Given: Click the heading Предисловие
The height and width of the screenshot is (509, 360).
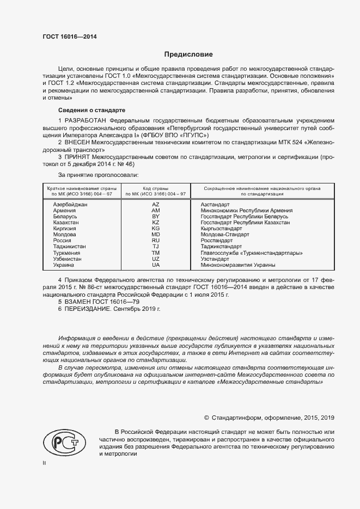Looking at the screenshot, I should (188, 54).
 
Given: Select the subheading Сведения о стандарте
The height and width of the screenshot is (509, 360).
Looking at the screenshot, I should (83, 110).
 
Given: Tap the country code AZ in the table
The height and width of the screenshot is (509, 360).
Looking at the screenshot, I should (156, 204).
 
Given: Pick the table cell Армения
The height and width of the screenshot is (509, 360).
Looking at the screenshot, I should (64, 210).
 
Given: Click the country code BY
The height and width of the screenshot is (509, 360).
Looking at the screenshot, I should (156, 216).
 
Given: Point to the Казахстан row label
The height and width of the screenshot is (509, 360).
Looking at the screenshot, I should (66, 222).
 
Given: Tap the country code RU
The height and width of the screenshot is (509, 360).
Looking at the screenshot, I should (156, 241).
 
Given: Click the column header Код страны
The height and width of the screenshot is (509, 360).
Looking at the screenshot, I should (156, 187).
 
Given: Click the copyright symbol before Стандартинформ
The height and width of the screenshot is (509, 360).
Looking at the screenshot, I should (206, 418).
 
